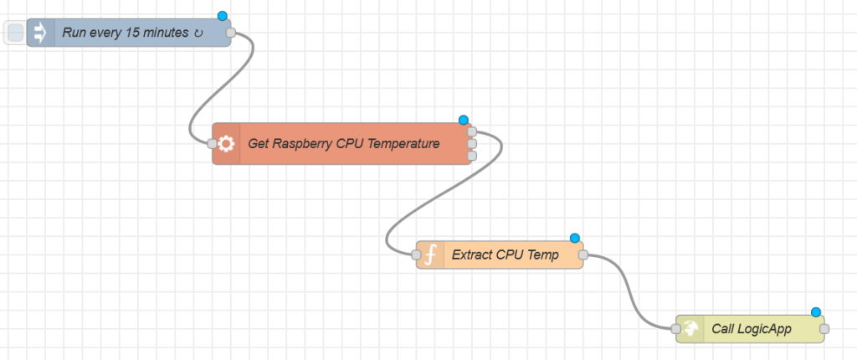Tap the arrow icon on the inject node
39,33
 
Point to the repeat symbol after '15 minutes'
198,33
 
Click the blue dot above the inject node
223,16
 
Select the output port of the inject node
231,33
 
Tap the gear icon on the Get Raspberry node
226,143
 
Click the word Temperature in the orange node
404,143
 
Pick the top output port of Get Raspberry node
472,131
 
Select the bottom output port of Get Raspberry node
472,155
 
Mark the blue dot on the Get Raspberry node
464,120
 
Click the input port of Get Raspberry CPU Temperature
212,143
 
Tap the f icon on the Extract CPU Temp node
430,255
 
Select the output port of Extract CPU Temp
583,255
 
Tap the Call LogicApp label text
751,329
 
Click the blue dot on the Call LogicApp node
815,311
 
